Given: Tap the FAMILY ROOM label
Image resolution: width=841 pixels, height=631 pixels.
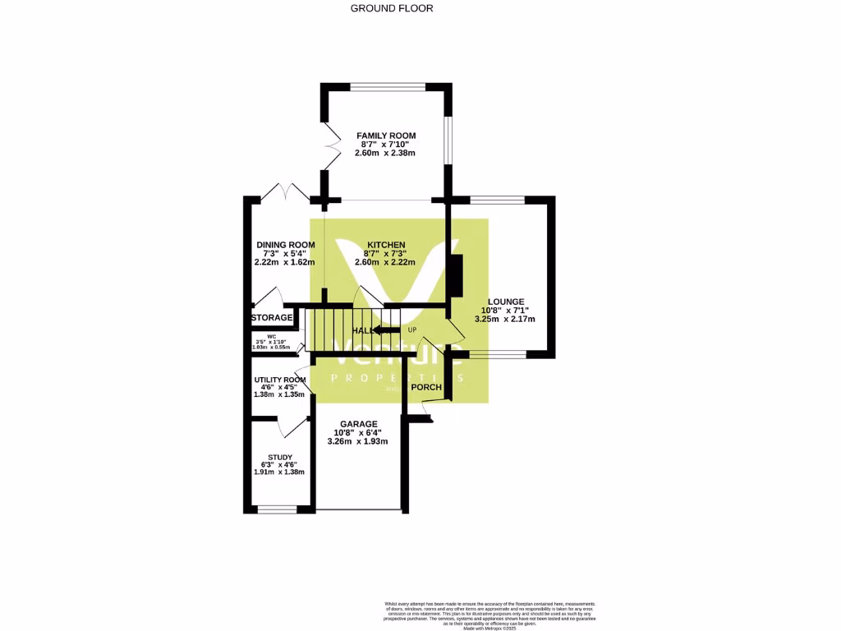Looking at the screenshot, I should point(385,136).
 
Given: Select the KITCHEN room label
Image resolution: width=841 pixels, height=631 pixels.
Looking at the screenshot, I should point(385,245).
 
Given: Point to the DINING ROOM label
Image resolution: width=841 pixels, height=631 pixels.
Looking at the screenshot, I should point(285,245).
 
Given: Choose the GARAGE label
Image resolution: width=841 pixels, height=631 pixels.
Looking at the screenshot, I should point(358,424).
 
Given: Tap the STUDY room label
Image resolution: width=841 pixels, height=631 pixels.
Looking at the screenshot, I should point(279,458).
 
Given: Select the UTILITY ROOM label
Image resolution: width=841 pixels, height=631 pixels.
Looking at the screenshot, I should point(280,380).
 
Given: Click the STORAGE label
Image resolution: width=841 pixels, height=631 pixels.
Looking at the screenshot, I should point(272,317).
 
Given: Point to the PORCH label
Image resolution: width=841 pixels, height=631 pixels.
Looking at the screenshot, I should point(426,387).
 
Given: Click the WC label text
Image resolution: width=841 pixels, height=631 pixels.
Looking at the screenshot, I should point(272,336).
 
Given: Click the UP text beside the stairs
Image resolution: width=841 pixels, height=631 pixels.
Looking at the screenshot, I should point(412,330).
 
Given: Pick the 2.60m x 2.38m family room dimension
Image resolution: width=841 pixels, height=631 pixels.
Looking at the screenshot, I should point(385,153).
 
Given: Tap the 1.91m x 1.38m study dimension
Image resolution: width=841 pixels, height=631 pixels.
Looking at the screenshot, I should point(279,472).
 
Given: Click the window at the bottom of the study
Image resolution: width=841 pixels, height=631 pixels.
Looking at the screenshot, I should point(276,509).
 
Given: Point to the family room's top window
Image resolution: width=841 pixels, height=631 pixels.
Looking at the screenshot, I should point(387,86).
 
